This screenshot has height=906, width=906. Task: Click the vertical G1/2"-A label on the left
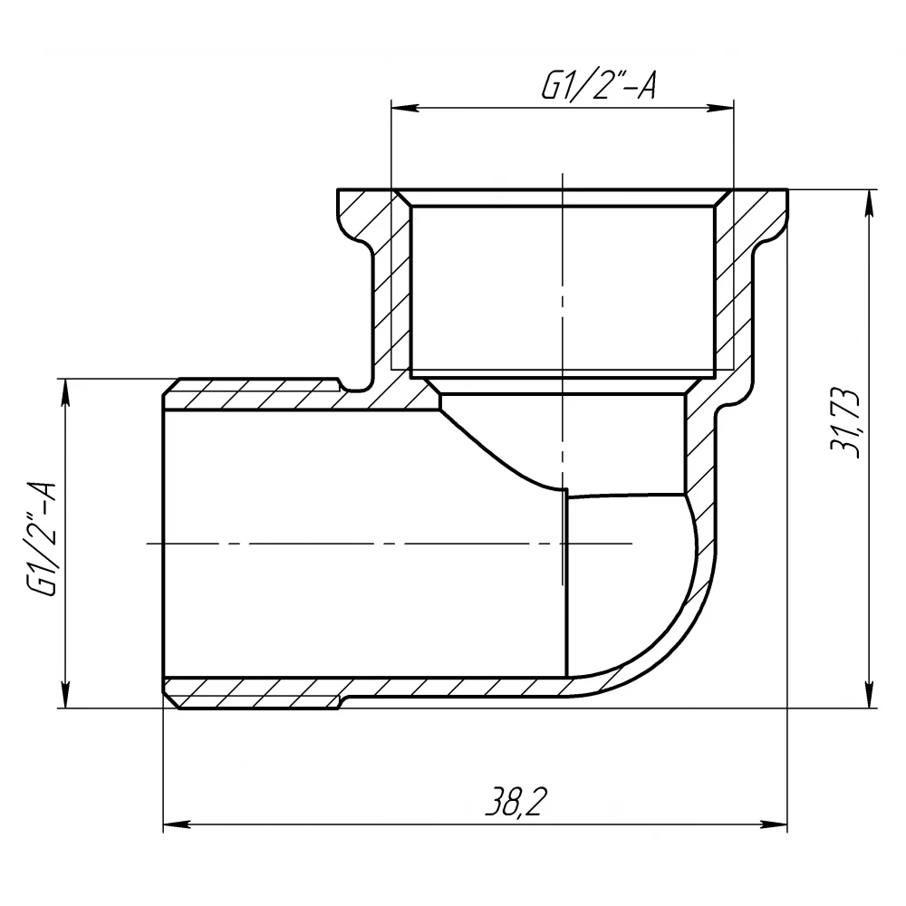tap(42, 539)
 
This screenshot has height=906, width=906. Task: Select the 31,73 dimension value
tap(844, 423)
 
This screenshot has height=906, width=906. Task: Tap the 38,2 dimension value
tap(515, 802)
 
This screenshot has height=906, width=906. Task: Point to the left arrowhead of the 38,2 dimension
tap(178, 824)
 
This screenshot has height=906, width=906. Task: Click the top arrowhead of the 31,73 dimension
tap(869, 203)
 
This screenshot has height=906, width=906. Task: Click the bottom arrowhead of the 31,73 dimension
tap(869, 693)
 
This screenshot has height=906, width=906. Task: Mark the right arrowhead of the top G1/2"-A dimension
tap(720, 108)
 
